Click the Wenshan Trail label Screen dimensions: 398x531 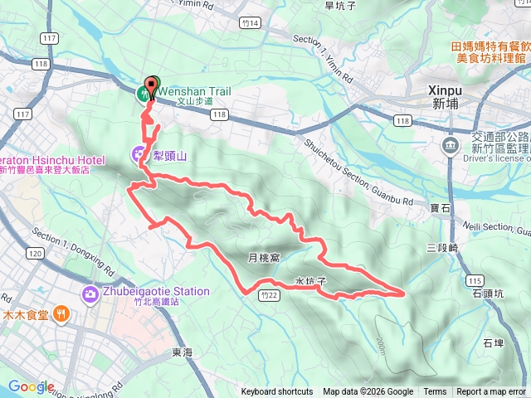(195, 91)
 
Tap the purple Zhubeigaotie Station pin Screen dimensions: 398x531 (89, 294)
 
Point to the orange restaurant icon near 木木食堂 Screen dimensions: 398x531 (60, 313)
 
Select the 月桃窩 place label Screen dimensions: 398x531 (264, 258)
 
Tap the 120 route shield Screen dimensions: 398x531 (35, 253)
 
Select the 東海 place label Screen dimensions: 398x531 (183, 352)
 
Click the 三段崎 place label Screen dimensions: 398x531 (443, 247)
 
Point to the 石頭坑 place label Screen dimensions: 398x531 (488, 294)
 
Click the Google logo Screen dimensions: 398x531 (31, 386)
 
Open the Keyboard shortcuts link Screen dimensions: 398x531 (277, 392)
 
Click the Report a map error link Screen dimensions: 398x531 (491, 392)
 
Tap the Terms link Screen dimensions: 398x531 (435, 392)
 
